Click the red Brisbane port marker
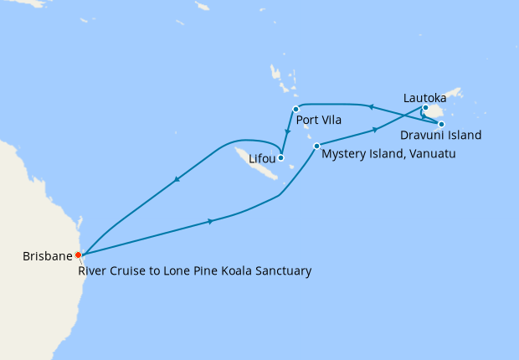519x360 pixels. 78,255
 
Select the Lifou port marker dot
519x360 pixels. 281,157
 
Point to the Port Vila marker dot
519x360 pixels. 295,109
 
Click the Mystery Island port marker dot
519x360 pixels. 316,147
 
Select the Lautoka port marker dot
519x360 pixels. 425,108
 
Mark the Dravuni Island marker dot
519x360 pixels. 441,124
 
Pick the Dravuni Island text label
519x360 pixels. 440,135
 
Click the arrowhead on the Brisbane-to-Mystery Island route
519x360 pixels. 209,221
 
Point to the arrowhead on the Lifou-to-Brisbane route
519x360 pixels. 177,178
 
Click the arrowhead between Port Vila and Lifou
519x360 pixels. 289,131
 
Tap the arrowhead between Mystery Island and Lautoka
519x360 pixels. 374,130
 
